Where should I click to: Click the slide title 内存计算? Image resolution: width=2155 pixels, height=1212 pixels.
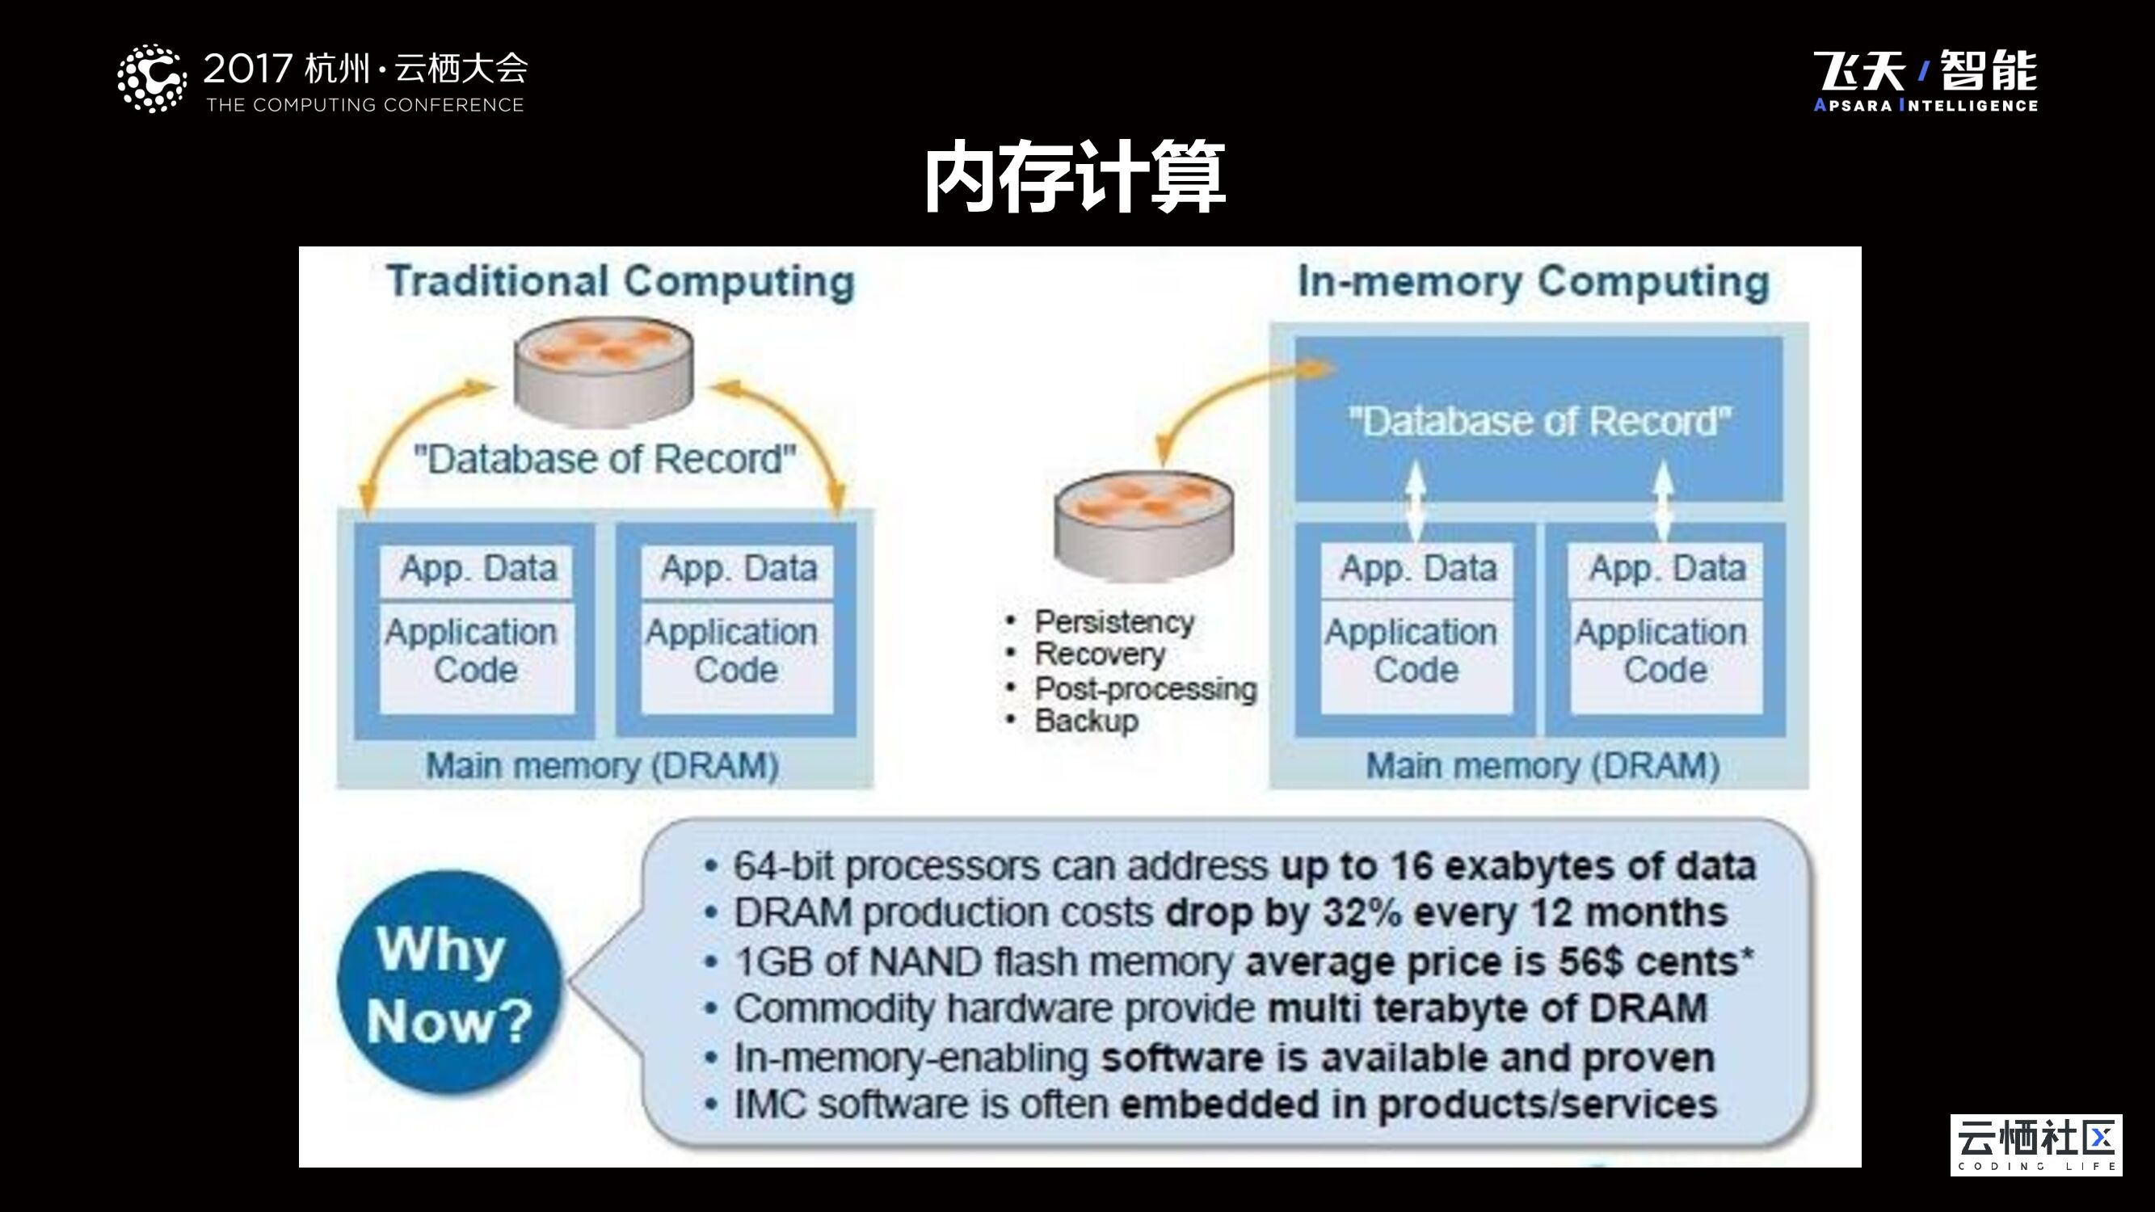pyautogui.click(x=1075, y=178)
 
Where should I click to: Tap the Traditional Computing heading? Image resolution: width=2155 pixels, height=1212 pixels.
pyautogui.click(x=621, y=281)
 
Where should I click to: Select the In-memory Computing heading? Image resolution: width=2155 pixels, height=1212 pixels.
pyautogui.click(x=1534, y=281)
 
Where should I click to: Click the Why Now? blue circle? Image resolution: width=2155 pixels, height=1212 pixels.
pyautogui.click(x=449, y=983)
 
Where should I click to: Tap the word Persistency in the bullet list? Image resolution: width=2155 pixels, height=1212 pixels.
pyautogui.click(x=1114, y=622)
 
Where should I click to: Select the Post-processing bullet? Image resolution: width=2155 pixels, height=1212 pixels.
pyautogui.click(x=1145, y=689)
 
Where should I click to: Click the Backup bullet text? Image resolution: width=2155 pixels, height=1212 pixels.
pyautogui.click(x=1086, y=721)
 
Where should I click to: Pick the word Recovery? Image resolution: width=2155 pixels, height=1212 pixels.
pyautogui.click(x=1099, y=654)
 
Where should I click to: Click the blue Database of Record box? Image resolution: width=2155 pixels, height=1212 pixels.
pyautogui.click(x=1538, y=420)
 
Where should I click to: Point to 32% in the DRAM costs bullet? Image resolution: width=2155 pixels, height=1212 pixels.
pyautogui.click(x=1362, y=912)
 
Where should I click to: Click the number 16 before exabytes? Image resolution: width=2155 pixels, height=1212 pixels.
pyautogui.click(x=1413, y=866)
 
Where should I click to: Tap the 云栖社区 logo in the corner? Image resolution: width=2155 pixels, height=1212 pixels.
pyautogui.click(x=2035, y=1145)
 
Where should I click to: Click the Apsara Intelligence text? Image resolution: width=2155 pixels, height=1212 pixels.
pyautogui.click(x=1925, y=105)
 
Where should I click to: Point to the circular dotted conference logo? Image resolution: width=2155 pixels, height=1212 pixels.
pyautogui.click(x=151, y=78)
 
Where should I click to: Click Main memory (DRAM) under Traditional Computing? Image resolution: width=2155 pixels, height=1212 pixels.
pyautogui.click(x=602, y=766)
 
